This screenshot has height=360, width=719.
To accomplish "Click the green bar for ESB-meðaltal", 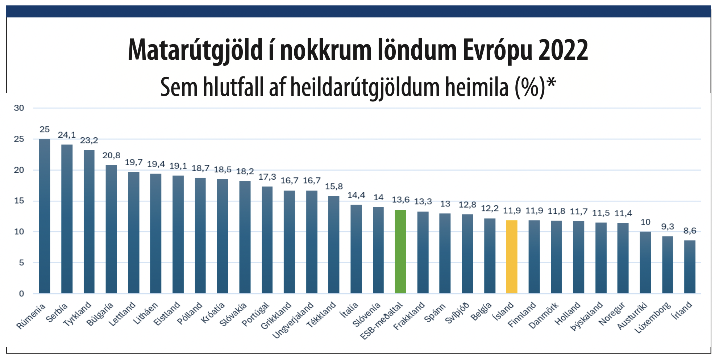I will click(400, 251).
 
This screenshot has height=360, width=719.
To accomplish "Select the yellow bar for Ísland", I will click(512, 257).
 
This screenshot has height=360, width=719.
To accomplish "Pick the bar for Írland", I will click(690, 267).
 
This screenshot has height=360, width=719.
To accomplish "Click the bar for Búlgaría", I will click(111, 229).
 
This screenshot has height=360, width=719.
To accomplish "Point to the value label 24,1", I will click(67, 135).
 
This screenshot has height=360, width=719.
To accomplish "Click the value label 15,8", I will click(334, 187).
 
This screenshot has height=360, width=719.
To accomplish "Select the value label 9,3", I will click(667, 227).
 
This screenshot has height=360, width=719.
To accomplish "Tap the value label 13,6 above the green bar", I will click(400, 200).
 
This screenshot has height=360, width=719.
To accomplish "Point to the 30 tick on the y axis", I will click(19, 108).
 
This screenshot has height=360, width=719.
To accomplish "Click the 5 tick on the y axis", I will click(21, 263).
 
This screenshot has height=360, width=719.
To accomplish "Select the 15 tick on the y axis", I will click(19, 201).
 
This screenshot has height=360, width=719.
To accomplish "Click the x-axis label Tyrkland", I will click(77, 314).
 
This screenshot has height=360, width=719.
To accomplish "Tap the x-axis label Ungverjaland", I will click(292, 321).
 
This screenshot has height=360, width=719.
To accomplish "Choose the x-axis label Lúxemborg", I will click(652, 318).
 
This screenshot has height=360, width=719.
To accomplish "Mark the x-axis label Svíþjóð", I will click(457, 313).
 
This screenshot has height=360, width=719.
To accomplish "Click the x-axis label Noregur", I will click(612, 314).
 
